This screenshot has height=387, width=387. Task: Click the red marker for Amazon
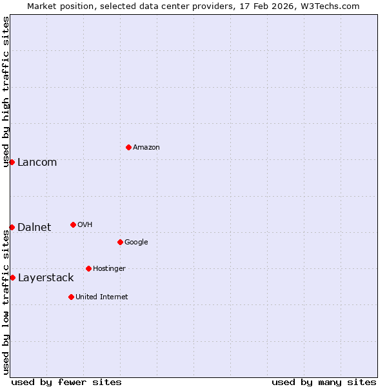click(128, 147)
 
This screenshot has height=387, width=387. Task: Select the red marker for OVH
click(73, 224)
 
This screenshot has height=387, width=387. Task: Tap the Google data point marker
click(120, 242)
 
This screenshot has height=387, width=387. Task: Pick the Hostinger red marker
click(88, 268)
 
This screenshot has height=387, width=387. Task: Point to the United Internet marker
click(71, 297)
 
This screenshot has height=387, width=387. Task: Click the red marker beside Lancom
click(12, 162)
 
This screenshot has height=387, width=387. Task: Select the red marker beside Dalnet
click(12, 227)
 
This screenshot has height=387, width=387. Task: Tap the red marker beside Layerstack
click(12, 277)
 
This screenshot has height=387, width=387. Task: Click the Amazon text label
click(146, 148)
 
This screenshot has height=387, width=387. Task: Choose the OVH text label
click(85, 225)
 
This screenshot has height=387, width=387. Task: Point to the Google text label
click(136, 243)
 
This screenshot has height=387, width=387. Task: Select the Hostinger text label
click(109, 269)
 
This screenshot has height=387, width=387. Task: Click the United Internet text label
click(102, 297)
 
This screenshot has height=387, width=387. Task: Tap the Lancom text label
click(37, 163)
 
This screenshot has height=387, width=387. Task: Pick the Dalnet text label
click(34, 228)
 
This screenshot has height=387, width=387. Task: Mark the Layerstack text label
click(46, 278)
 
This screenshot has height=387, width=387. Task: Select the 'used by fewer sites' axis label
click(66, 382)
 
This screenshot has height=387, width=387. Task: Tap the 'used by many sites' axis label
click(324, 382)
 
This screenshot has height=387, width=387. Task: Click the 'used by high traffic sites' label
click(6, 92)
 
